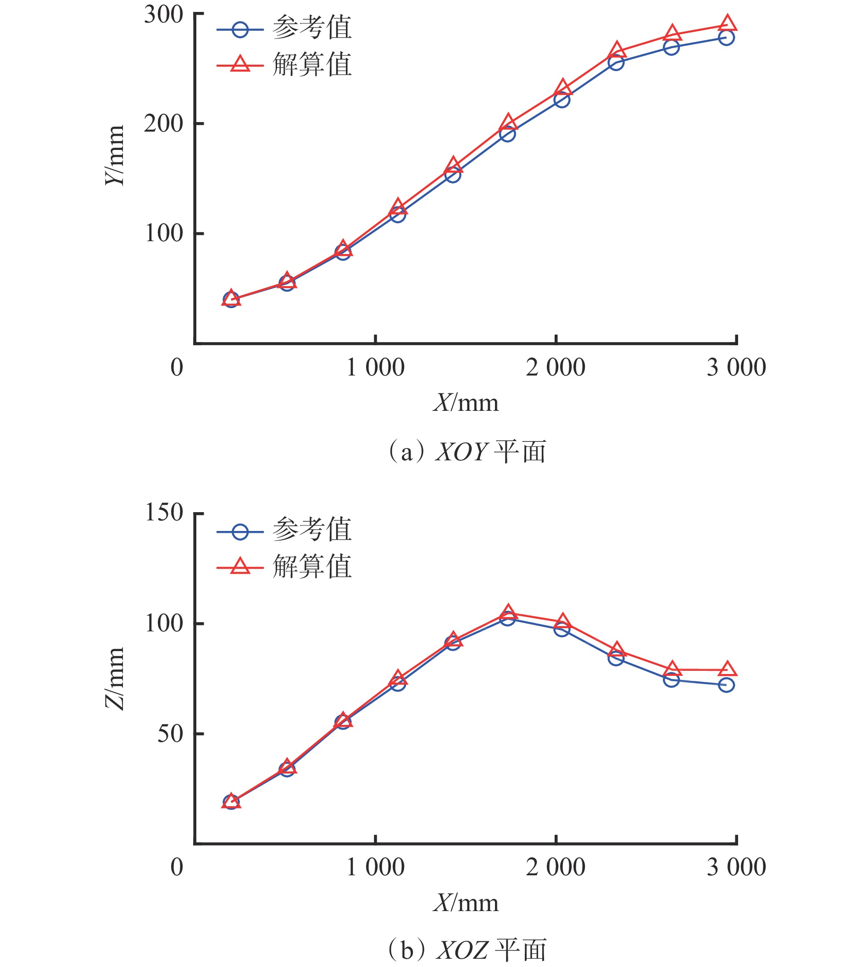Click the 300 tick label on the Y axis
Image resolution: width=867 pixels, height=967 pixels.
point(163,15)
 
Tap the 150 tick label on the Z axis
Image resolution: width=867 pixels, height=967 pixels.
point(163,513)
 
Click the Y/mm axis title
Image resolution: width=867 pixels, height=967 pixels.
point(115,156)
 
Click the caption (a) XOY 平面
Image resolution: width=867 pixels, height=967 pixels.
point(467,451)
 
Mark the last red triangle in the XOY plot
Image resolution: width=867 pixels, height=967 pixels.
point(727,23)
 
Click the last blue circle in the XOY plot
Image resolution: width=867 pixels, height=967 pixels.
point(726,38)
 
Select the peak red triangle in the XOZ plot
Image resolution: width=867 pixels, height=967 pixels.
point(508,612)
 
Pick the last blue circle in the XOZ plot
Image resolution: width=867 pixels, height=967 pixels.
point(726,685)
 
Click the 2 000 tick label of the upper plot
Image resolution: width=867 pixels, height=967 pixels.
point(556,368)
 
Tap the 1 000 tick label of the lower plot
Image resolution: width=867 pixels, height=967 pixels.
point(375,867)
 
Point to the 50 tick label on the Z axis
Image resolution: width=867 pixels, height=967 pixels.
point(170,734)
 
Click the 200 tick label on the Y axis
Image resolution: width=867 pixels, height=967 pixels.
point(163,124)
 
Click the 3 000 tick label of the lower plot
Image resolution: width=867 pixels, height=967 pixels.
point(736,867)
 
